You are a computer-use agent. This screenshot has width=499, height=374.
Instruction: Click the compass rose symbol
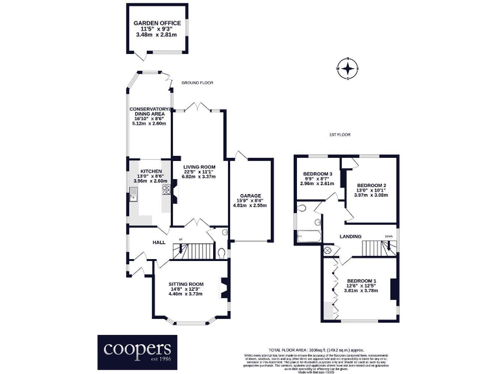349,68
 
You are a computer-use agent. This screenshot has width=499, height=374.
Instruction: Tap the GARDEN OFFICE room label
157,23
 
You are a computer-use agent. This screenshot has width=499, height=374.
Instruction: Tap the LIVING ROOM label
199,167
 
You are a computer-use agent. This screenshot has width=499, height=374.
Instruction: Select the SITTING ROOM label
186,284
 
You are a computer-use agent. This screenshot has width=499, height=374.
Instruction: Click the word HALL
159,242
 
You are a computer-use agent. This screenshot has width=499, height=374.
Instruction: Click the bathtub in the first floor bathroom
309,234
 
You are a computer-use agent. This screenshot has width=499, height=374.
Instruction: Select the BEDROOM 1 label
361,280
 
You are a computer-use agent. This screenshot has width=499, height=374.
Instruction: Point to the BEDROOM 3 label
317,173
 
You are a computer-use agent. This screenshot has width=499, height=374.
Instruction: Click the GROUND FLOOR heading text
198,83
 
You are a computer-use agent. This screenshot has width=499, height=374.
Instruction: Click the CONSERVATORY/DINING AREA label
149,112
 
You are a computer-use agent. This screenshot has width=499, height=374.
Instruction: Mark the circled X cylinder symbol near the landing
327,250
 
